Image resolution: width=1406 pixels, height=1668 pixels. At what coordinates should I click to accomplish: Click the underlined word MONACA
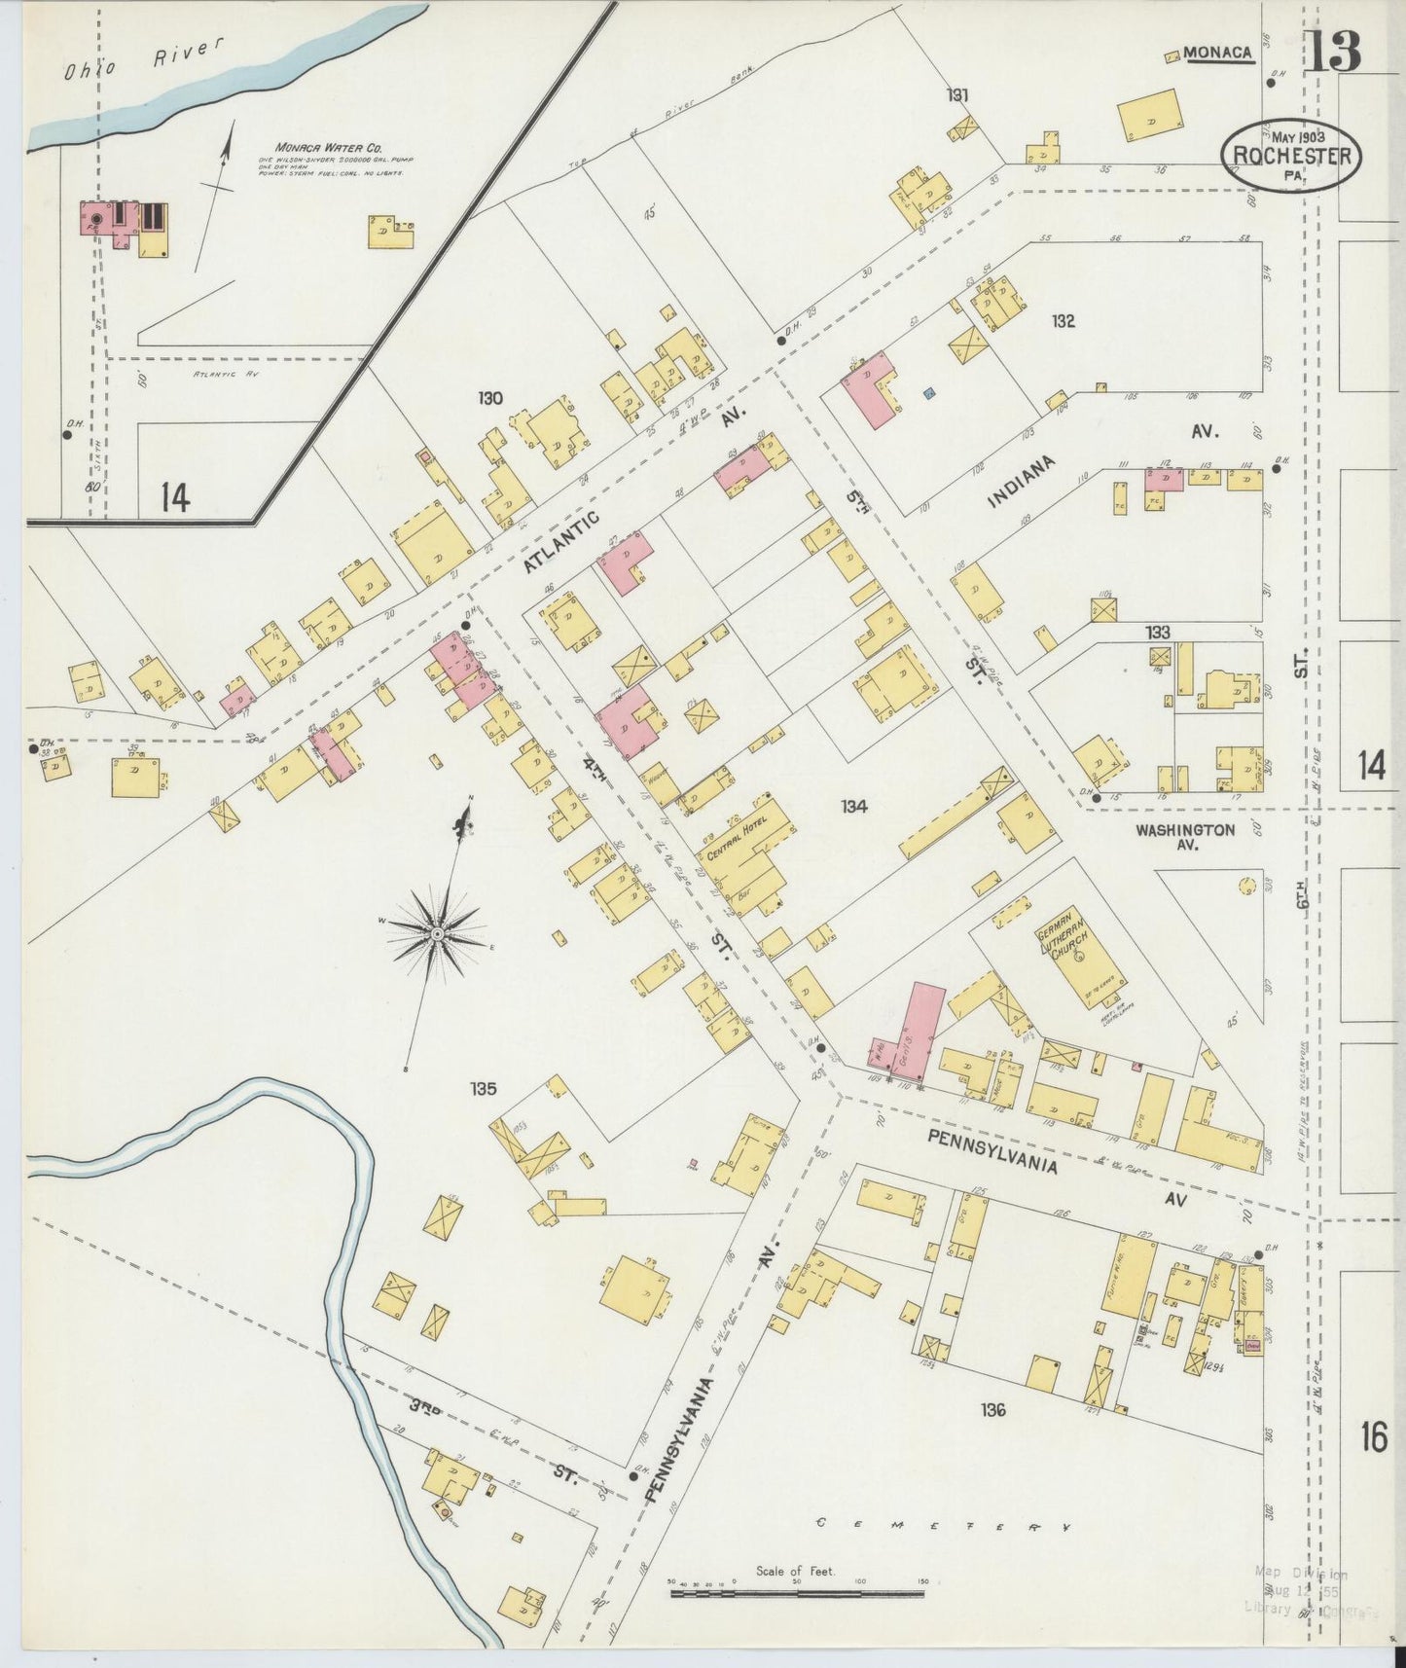point(1218,54)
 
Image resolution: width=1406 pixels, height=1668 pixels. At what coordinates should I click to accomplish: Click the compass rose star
point(438,934)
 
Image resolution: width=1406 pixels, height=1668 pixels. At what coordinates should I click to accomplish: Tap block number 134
point(854,806)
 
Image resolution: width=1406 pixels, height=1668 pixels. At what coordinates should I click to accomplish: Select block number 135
point(484,1088)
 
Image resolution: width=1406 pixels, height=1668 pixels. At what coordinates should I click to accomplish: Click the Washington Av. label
point(1185,837)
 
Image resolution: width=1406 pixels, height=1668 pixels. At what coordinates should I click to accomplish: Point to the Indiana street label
point(1022,484)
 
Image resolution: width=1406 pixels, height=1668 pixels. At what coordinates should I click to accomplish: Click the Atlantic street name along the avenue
point(561,542)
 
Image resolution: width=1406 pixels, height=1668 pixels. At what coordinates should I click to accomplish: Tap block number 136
point(992,1409)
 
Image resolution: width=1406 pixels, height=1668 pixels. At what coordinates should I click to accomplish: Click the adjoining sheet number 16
point(1373,1437)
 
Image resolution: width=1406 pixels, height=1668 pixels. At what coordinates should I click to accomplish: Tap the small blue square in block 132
point(929,393)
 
